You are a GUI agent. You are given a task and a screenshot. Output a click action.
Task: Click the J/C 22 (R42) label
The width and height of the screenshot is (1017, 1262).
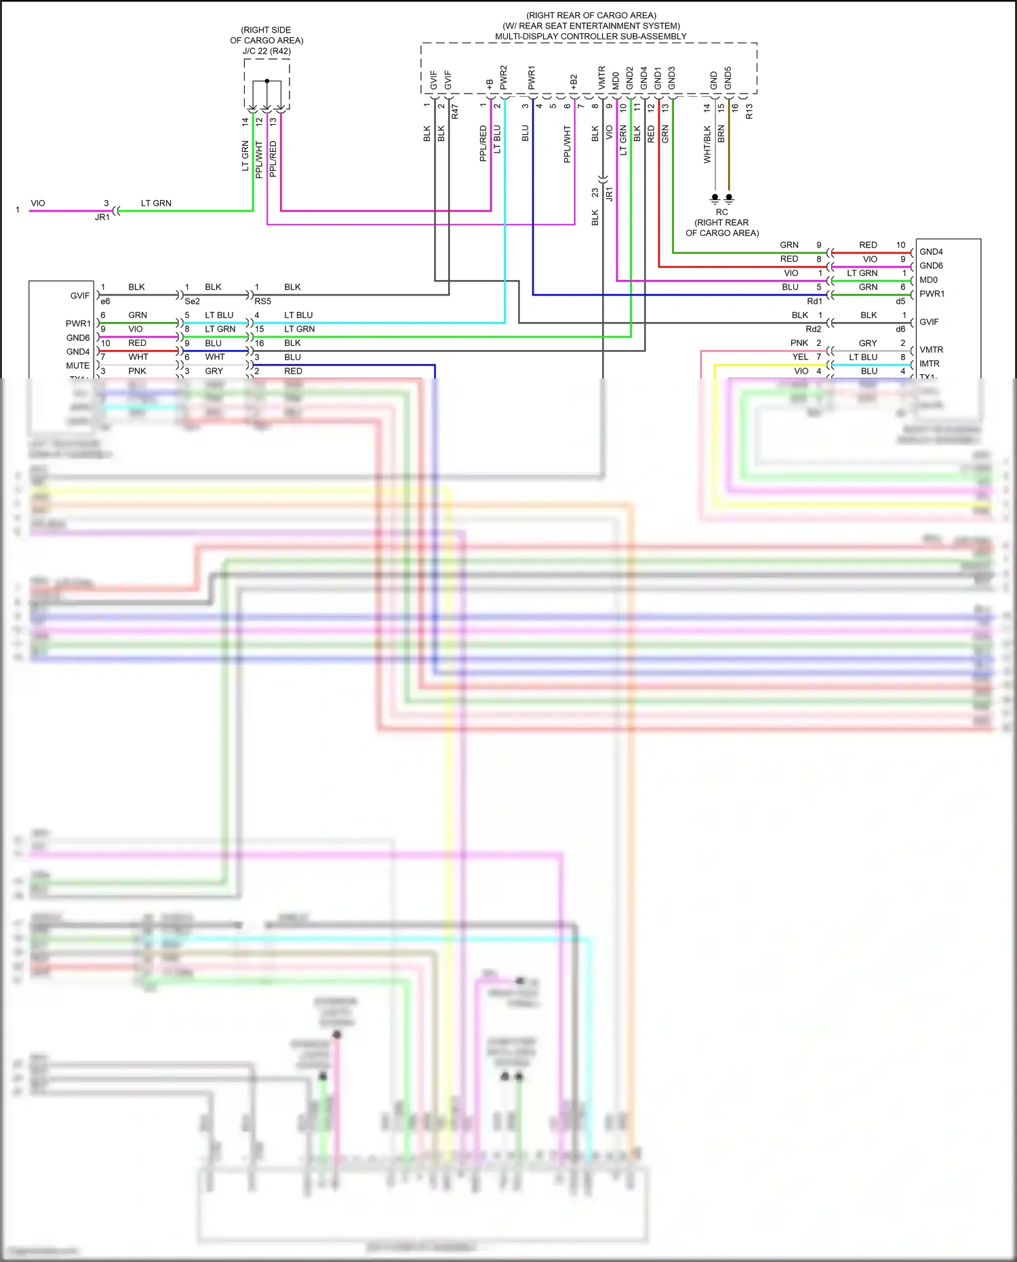point(266,51)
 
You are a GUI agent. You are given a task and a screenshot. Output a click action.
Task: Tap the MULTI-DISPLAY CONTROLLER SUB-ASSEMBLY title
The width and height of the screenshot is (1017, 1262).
point(590,37)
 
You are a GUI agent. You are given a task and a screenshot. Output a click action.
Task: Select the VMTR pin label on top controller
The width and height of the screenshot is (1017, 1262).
point(601,77)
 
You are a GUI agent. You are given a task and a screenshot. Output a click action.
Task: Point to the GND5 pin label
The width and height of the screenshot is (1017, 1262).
point(728,77)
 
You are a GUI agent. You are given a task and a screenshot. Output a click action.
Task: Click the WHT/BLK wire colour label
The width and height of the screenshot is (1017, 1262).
point(707,144)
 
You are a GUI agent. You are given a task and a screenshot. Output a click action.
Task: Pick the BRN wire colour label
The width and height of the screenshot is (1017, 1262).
point(721,134)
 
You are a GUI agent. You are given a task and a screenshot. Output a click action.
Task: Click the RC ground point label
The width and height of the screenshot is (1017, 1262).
point(721,212)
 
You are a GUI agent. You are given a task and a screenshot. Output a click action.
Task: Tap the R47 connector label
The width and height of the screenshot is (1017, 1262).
point(455,111)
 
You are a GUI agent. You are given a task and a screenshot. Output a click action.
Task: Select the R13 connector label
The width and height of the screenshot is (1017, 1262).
point(749,111)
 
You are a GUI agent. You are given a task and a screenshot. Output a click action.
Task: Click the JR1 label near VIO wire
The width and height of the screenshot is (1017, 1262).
point(102,218)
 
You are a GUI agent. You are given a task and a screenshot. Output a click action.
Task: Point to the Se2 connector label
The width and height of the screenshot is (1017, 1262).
point(193,301)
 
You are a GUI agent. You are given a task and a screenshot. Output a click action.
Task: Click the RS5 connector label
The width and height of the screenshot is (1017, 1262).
point(262,301)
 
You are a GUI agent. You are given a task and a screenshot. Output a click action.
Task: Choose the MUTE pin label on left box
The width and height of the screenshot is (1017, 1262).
point(77,366)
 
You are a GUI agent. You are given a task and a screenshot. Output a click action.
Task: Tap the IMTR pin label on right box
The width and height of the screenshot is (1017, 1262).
point(930,364)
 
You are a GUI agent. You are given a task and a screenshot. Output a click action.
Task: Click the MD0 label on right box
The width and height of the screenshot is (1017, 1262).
point(928,280)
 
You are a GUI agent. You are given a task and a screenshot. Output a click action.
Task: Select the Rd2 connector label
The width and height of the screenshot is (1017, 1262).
point(813,329)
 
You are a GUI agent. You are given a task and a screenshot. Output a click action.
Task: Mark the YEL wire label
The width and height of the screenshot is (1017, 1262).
point(800,357)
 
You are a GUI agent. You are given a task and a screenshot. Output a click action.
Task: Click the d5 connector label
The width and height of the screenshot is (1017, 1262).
point(900,301)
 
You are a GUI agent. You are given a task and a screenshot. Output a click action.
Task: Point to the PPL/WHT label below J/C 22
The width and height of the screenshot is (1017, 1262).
point(259,160)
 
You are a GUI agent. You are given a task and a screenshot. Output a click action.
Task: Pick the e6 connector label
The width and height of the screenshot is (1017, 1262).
point(105,301)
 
